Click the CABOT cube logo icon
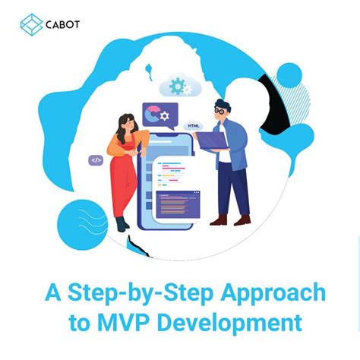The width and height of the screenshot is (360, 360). click(32, 24)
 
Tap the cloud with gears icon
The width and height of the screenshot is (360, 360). click(177, 86)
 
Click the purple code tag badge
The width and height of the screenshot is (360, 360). click(96, 160)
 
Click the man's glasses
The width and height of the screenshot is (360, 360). click(220, 109)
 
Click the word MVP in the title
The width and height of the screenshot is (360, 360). click(123, 323)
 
